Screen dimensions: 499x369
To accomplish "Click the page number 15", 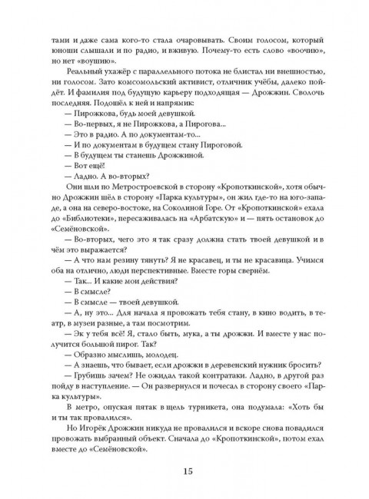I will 184,471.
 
